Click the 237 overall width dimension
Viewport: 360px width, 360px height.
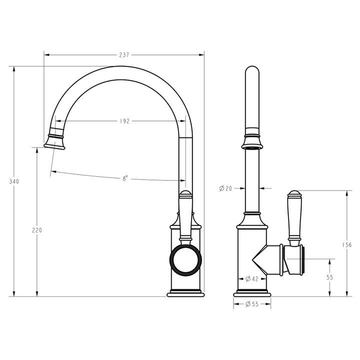pyautogui.click(x=124, y=55)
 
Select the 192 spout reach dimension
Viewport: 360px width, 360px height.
pyautogui.click(x=124, y=121)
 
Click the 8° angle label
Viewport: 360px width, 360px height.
pyautogui.click(x=125, y=178)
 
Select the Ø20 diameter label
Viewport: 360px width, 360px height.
pyautogui.click(x=226, y=188)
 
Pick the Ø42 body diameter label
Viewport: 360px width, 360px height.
pyautogui.click(x=251, y=279)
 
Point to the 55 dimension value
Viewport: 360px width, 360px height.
pyautogui.click(x=329, y=276)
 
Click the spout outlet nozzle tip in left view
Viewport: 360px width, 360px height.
pyautogui.click(x=55, y=143)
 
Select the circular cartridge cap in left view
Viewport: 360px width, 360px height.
pyautogui.click(x=186, y=259)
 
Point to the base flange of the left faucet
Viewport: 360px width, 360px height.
pyautogui.click(x=185, y=294)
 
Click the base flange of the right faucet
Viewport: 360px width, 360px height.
pyautogui.click(x=252, y=294)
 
